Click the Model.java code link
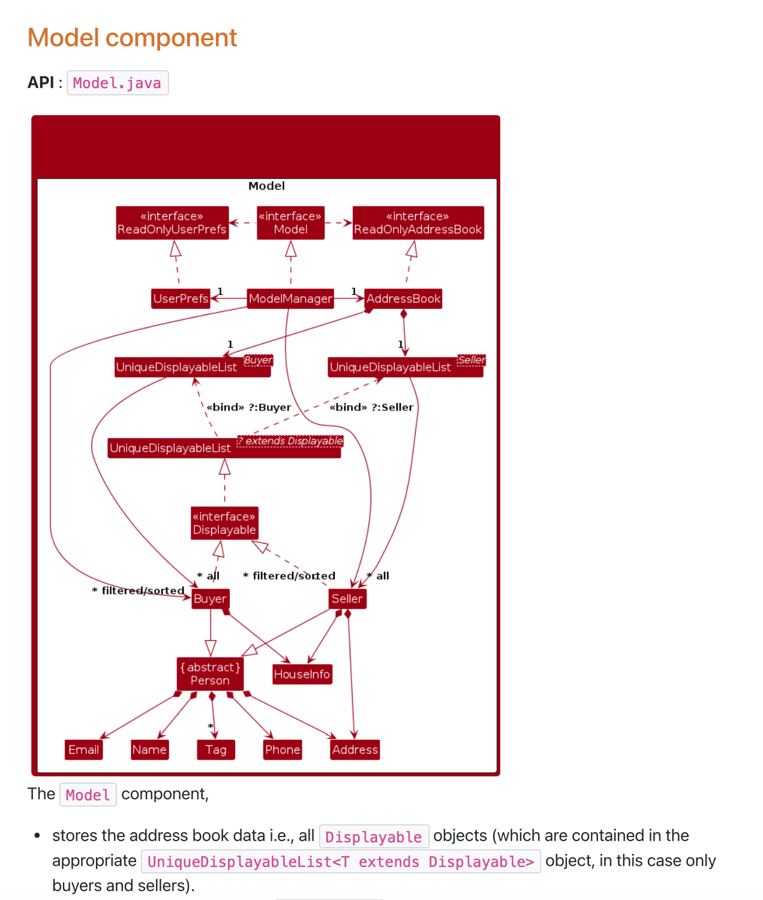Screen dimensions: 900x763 click(117, 83)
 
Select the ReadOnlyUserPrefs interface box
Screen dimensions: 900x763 click(172, 223)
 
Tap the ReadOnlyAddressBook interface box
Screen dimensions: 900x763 click(418, 223)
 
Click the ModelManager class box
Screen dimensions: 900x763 click(290, 298)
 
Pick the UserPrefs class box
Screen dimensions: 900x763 click(181, 298)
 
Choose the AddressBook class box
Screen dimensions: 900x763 click(403, 298)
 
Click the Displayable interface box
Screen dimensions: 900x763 click(224, 523)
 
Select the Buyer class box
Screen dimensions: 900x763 click(210, 598)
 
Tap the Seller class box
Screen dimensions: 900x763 click(347, 598)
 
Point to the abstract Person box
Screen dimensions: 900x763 click(210, 674)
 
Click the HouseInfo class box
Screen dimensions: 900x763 click(302, 674)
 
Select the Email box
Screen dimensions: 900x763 click(83, 749)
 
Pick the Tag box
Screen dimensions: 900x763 click(216, 749)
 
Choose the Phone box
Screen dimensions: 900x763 click(283, 749)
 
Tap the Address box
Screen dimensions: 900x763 click(355, 749)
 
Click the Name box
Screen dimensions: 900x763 click(149, 749)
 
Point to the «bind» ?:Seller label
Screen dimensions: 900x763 click(371, 407)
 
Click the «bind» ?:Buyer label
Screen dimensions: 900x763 click(249, 407)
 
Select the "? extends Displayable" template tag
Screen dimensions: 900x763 click(290, 441)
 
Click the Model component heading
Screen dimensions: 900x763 click(133, 38)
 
